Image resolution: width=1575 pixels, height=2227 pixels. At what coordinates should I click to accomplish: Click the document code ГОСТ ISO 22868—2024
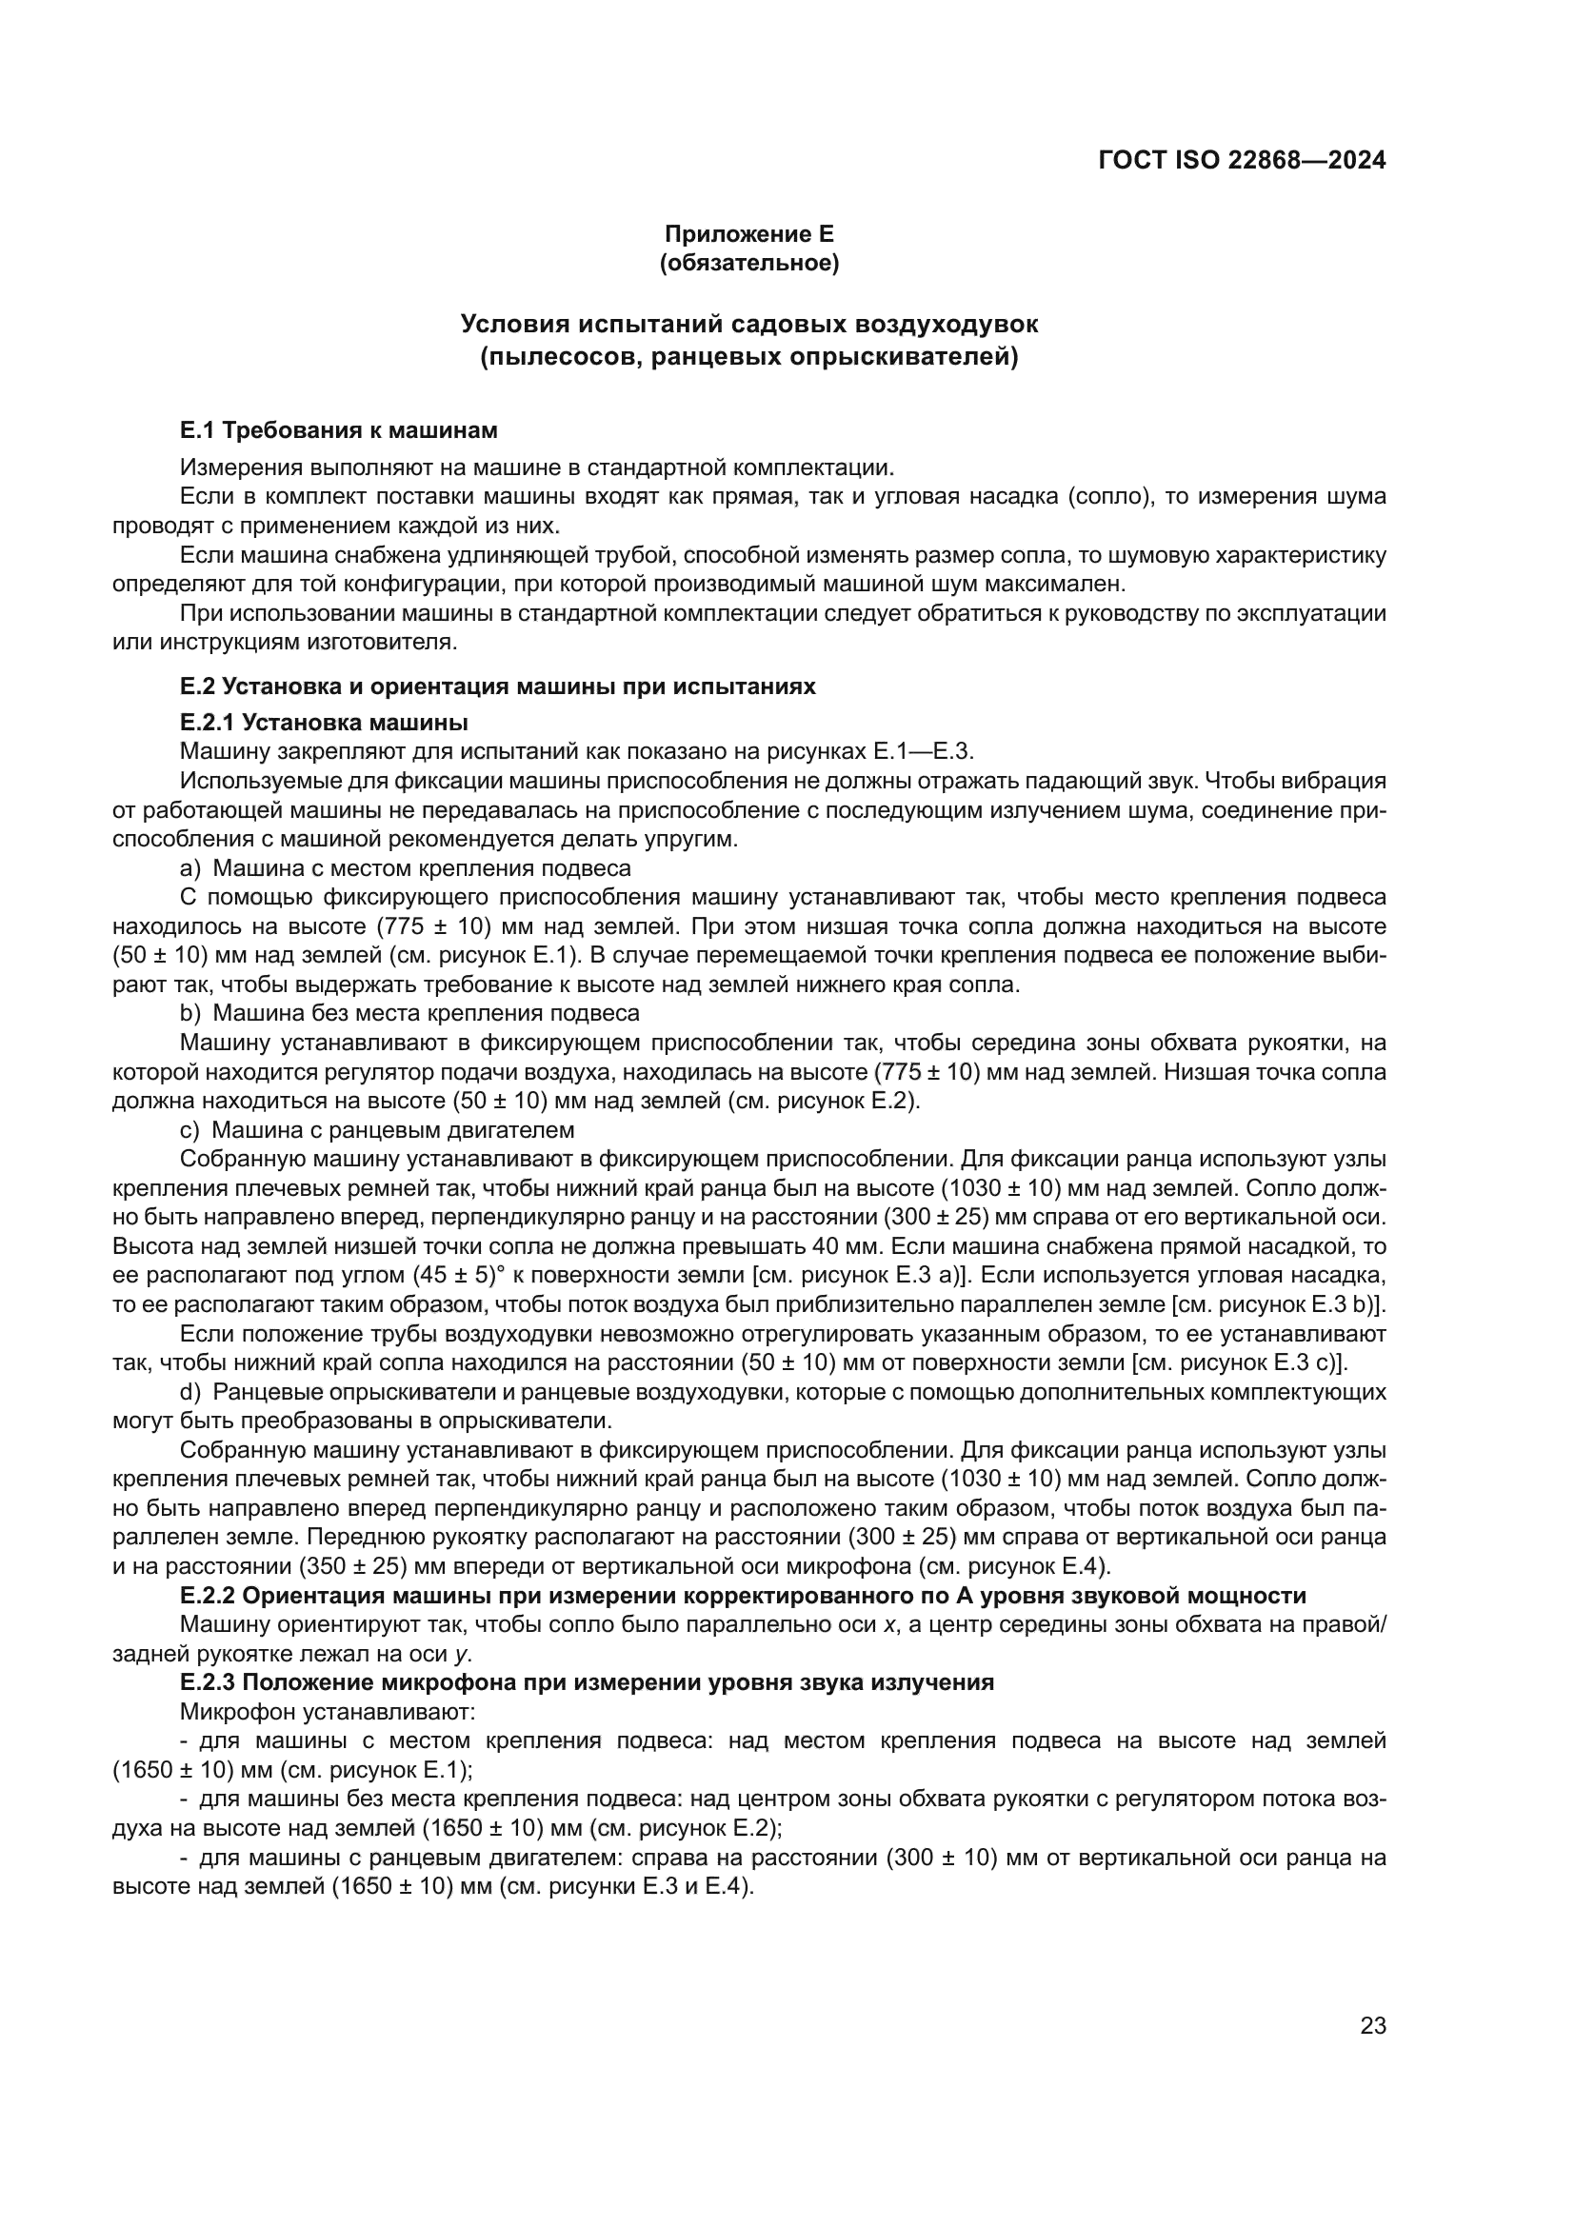(1242, 161)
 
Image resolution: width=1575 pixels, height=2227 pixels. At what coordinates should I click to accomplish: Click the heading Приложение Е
(748, 234)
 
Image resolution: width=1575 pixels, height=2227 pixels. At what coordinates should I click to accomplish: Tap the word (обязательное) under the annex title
(748, 263)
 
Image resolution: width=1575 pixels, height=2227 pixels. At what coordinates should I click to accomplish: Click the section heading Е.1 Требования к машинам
(338, 428)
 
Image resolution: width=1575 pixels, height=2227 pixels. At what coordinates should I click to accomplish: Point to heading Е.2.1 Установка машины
(324, 722)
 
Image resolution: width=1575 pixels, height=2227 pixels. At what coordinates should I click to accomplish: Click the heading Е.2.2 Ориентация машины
(743, 1596)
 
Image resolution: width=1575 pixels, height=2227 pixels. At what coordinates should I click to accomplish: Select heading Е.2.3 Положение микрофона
(587, 1682)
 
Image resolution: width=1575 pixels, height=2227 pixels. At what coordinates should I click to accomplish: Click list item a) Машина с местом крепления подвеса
(406, 868)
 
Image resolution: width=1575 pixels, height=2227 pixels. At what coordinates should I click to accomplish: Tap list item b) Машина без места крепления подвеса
(410, 1014)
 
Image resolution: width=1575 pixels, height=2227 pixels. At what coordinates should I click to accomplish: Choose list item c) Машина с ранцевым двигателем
(377, 1130)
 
